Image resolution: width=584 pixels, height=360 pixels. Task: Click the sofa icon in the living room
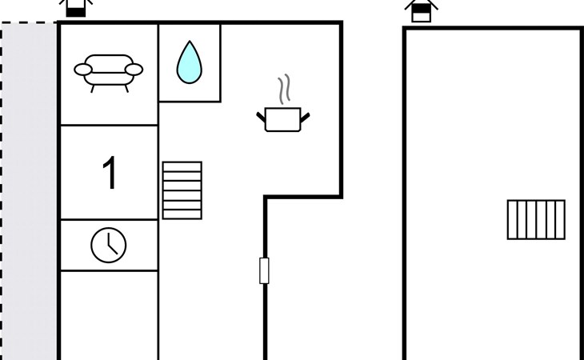108,73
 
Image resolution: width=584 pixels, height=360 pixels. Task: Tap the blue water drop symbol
190,62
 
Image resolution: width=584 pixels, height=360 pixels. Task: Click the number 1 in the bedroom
110,172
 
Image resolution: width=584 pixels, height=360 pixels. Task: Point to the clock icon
108,246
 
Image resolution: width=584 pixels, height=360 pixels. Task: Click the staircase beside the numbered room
182,190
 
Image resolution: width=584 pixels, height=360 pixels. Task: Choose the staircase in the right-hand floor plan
536,220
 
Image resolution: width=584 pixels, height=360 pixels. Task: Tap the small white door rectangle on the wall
264,270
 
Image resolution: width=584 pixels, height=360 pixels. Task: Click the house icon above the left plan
76,7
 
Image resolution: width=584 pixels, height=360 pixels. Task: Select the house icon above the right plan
422,11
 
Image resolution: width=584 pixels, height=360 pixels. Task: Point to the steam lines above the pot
284,90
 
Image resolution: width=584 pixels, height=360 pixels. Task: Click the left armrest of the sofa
83,70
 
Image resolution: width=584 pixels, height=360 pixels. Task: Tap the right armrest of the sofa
134,70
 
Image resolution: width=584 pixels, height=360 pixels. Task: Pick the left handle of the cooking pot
261,118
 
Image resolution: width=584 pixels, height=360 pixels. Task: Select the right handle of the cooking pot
305,118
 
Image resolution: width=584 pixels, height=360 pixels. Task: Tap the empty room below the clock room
109,315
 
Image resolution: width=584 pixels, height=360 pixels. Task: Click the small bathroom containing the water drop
190,62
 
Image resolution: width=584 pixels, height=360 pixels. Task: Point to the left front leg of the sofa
92,89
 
